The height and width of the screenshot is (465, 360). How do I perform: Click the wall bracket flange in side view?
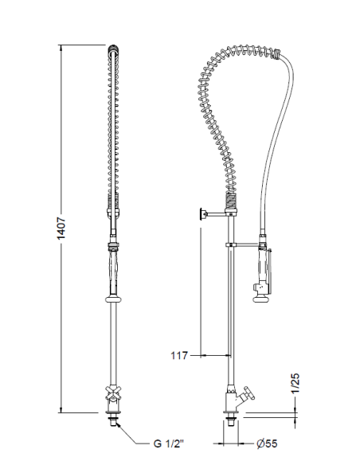point(202,213)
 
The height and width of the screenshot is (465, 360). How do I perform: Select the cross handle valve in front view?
point(113,395)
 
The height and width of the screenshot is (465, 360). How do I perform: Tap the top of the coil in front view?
point(113,52)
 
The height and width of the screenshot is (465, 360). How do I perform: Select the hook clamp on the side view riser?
point(232,244)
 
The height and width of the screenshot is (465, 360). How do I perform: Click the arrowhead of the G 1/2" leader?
point(118,425)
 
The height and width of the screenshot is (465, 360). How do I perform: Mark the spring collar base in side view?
point(231,208)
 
